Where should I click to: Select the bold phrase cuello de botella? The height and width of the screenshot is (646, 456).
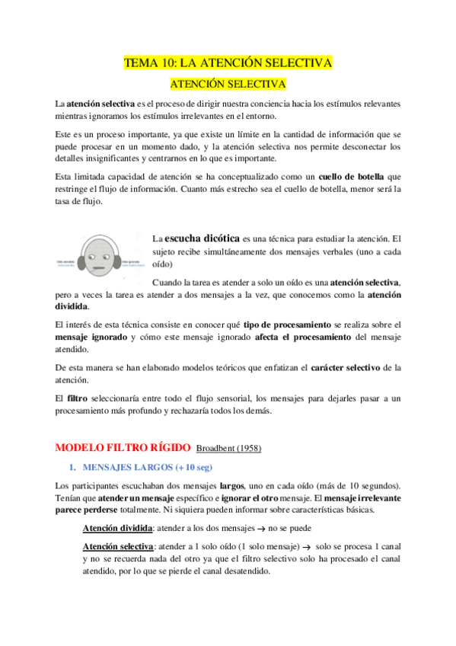(350, 176)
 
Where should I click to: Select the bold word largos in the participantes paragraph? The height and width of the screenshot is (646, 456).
(231, 485)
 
